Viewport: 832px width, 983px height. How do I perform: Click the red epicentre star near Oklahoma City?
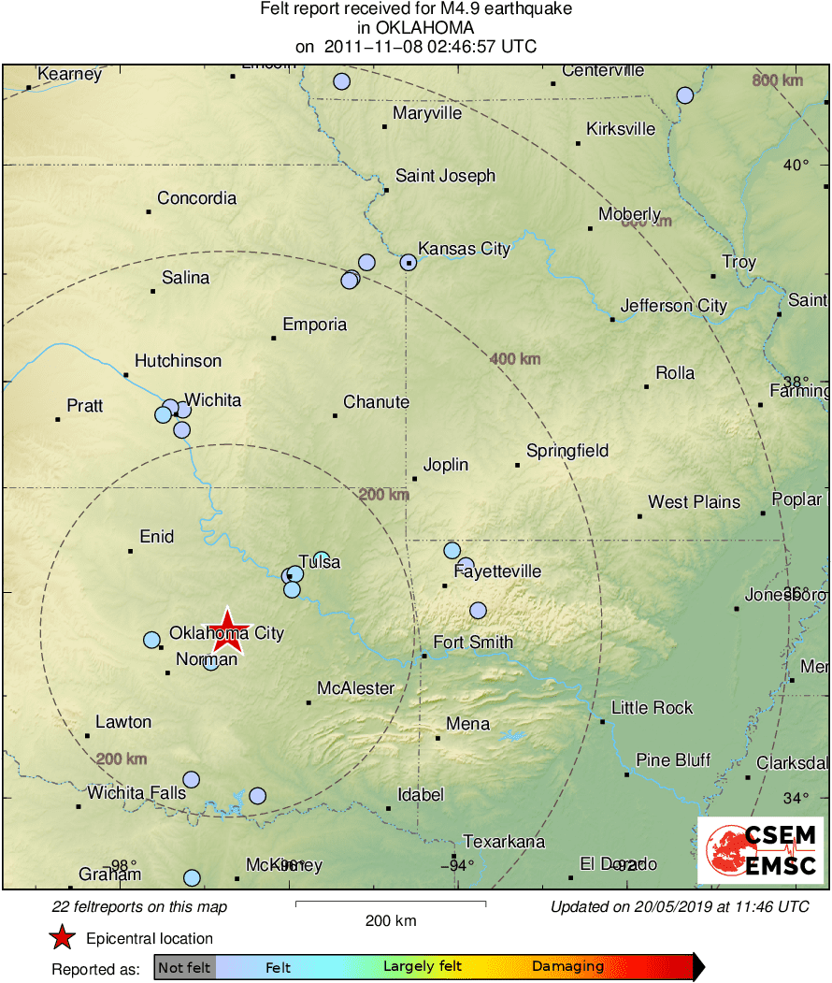(227, 630)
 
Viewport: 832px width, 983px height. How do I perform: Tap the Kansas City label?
(464, 249)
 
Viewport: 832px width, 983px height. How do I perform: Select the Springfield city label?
(567, 451)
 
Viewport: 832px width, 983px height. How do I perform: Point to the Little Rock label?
(653, 707)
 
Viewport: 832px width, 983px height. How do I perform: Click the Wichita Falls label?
(136, 793)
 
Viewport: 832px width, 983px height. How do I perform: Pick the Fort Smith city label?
(473, 643)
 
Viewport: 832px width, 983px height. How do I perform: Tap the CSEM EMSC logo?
(759, 850)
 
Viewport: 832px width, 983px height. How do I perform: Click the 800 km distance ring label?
(777, 81)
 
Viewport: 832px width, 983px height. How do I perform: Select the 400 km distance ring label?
(514, 358)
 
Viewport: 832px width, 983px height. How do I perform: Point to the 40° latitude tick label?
(796, 166)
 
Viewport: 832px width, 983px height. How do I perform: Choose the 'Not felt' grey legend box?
(184, 967)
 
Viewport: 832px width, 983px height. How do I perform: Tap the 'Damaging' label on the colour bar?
(567, 967)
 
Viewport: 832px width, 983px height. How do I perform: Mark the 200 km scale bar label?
(391, 920)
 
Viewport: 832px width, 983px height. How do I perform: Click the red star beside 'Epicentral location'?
(62, 938)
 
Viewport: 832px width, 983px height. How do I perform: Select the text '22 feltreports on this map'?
(139, 906)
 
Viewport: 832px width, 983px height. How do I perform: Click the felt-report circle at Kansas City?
(409, 262)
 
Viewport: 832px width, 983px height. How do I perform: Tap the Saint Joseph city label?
(445, 176)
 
